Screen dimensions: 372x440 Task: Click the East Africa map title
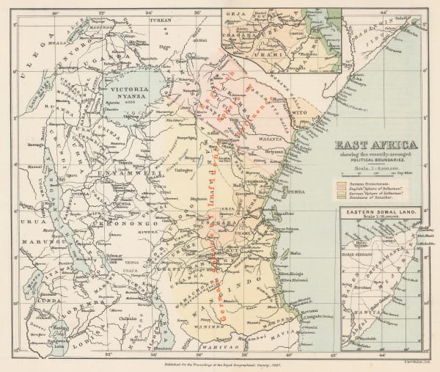(x=376, y=145)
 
